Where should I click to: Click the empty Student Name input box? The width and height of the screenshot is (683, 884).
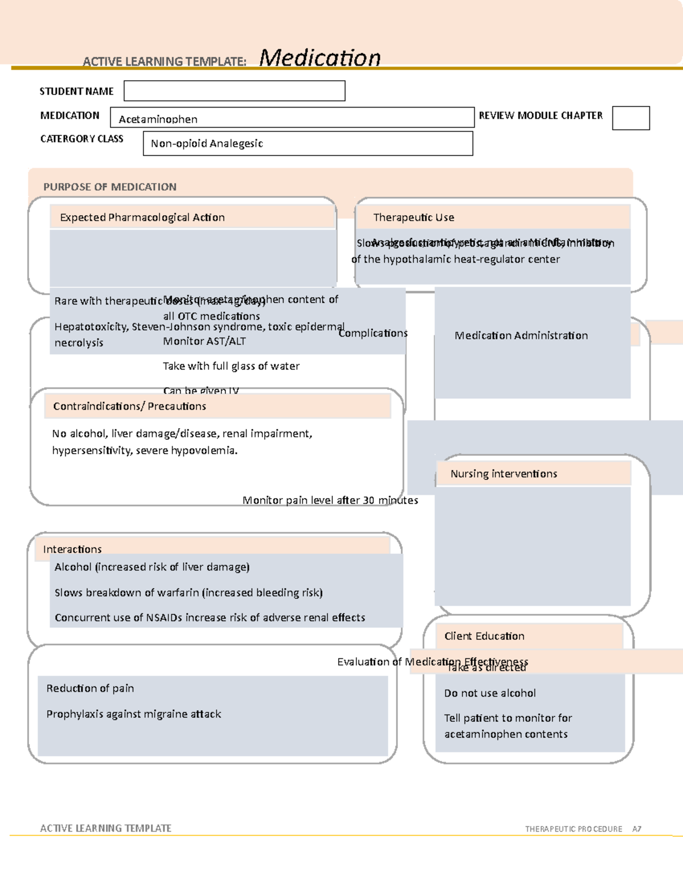(234, 91)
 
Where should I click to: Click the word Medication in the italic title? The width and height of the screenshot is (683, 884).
(320, 58)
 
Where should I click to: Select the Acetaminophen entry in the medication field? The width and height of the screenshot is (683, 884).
(158, 119)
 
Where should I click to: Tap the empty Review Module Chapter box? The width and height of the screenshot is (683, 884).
(631, 118)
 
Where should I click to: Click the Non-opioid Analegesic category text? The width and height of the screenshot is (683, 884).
(207, 143)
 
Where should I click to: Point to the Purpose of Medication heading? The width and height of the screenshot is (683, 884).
(110, 187)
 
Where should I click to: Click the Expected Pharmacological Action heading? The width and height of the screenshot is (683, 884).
(142, 217)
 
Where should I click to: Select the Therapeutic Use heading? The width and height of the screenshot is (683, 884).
(414, 217)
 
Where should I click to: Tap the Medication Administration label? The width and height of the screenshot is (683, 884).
(521, 336)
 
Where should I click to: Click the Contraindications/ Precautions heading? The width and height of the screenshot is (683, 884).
(130, 406)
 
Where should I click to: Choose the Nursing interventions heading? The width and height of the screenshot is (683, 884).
(504, 474)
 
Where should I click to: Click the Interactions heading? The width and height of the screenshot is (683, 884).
(72, 549)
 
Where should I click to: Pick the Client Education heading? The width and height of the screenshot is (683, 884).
(484, 636)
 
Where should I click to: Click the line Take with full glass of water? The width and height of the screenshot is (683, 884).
(231, 366)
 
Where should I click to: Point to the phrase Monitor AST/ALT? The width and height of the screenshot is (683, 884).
(204, 342)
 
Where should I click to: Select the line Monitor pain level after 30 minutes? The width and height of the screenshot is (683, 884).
(330, 500)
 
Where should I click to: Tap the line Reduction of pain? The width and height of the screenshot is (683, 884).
(90, 689)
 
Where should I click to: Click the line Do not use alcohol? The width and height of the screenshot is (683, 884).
(490, 693)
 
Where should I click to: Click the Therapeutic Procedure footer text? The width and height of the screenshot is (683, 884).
(573, 829)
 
